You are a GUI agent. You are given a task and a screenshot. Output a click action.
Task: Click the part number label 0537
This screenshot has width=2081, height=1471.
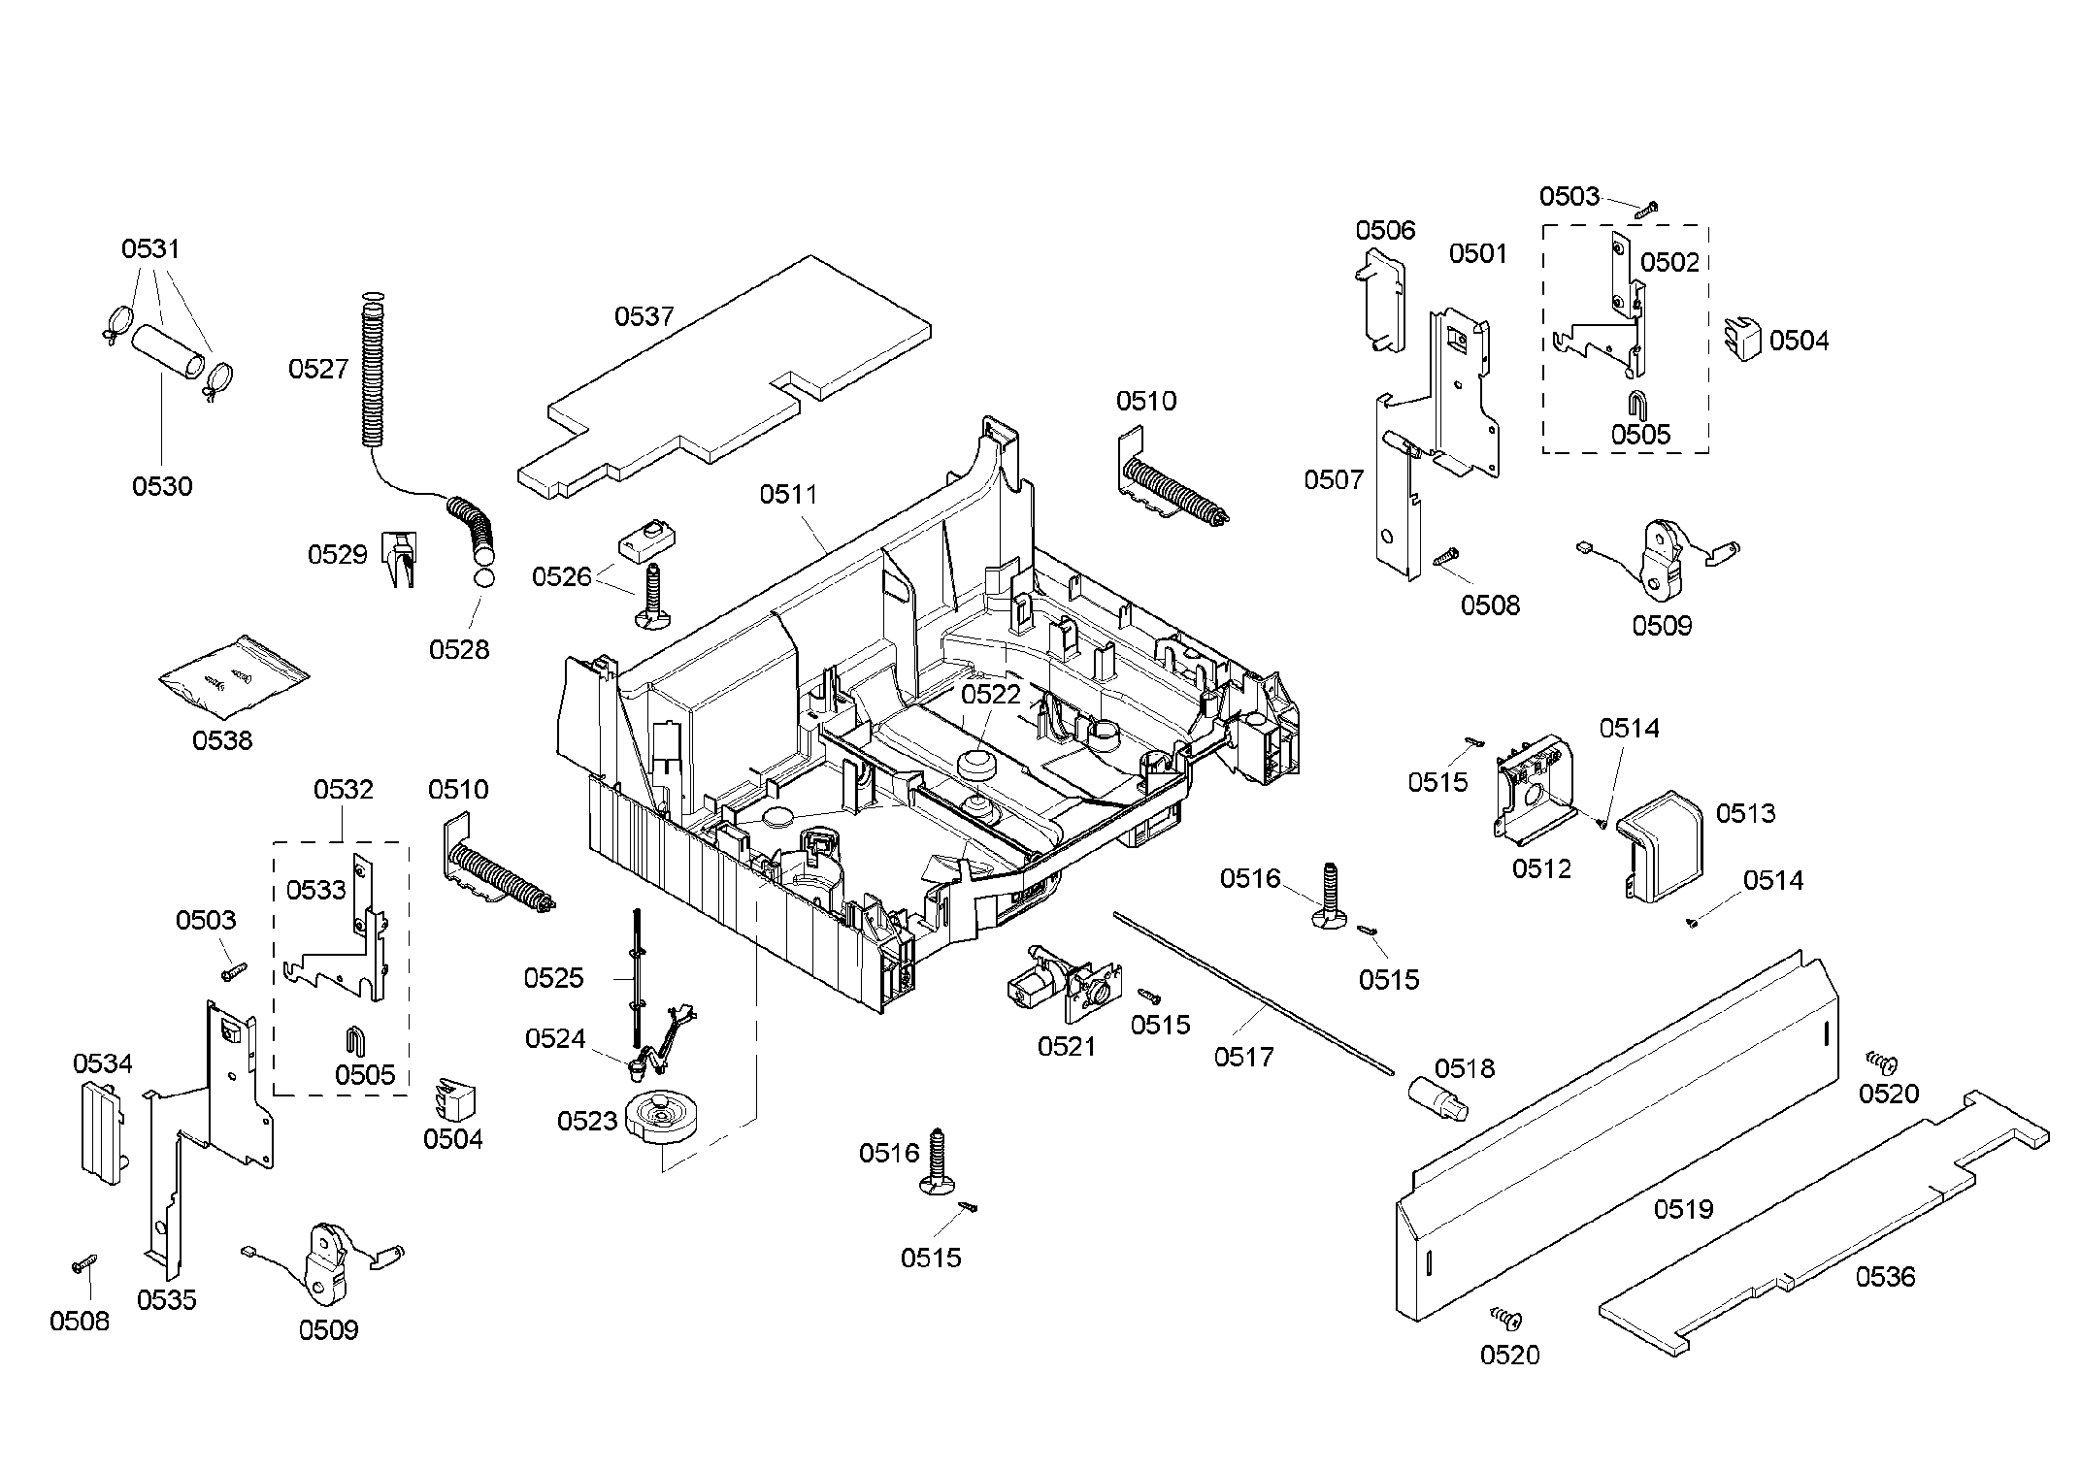click(x=644, y=316)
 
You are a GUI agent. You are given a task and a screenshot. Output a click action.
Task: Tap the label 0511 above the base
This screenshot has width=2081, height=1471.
click(x=788, y=495)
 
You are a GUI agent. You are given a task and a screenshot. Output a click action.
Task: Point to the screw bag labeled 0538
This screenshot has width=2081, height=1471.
click(x=233, y=676)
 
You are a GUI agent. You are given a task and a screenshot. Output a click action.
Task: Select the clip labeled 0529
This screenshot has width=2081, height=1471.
click(x=400, y=557)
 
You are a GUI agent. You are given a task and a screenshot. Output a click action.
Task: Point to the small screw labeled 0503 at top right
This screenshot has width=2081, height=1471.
click(x=1647, y=208)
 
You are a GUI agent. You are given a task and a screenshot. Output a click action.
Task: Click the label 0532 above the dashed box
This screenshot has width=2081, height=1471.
click(x=343, y=789)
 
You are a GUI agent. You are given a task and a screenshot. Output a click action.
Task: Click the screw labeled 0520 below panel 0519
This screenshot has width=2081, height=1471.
click(x=1506, y=1318)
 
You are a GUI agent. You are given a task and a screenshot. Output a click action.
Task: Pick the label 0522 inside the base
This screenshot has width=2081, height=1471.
click(x=991, y=694)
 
